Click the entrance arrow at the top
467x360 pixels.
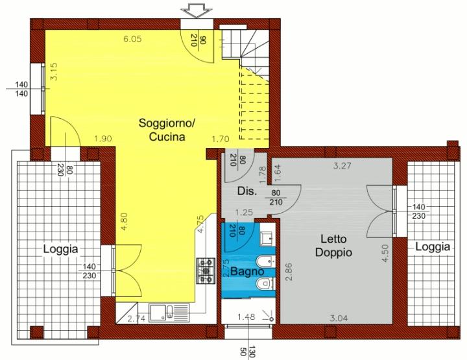coord(197,11)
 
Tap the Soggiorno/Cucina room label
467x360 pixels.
coord(167,130)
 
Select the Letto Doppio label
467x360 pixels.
coord(333,246)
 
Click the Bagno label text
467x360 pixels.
coord(247,271)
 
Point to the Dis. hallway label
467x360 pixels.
coord(247,191)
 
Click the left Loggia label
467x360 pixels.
coord(61,249)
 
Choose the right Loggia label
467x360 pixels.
coord(433,247)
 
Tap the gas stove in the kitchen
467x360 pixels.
coord(206,270)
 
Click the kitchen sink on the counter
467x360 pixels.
coord(169,313)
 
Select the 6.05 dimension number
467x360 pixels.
coord(132,39)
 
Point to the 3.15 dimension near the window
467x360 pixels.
coord(54,72)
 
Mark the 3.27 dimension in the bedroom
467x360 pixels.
coord(342,165)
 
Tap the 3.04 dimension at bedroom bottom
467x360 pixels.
coord(339,318)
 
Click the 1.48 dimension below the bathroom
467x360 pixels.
coord(246,317)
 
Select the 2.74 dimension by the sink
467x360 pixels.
coord(136,318)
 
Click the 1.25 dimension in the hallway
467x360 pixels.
coord(244,212)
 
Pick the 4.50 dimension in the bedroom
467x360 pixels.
coord(385,253)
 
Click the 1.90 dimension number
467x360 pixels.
coord(102,138)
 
